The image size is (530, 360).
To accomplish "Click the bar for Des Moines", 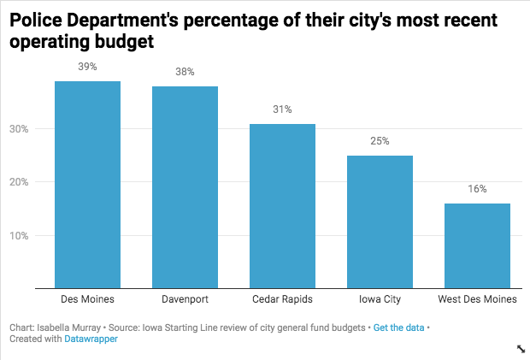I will tap(87, 185).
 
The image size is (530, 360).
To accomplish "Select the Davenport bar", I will tap(185, 187).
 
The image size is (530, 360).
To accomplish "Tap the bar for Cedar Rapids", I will tap(282, 206).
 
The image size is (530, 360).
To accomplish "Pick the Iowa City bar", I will tap(380, 221).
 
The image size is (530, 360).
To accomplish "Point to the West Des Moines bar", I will tap(477, 245).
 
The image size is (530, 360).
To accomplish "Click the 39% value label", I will tap(87, 67).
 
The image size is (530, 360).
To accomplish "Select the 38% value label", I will tap(185, 72).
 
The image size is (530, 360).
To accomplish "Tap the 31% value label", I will tap(282, 109).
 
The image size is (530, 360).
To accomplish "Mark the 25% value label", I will tap(380, 141).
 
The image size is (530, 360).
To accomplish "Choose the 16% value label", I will tap(477, 189).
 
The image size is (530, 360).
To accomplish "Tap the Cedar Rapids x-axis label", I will tap(282, 300).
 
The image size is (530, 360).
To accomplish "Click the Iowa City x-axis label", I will tap(380, 300).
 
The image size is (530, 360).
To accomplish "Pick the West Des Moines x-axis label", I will tap(477, 300).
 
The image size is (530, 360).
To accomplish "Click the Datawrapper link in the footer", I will tap(91, 339).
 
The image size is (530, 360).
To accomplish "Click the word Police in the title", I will tap(38, 20).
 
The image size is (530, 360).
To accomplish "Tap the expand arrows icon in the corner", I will tap(521, 349).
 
